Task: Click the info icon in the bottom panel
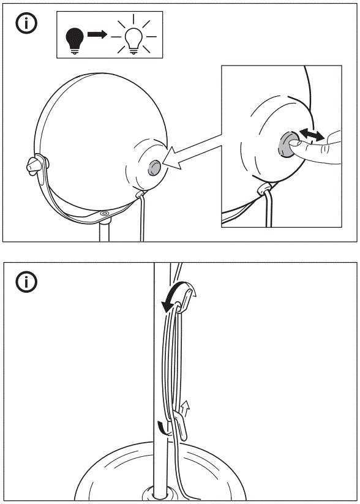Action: pyautogui.click(x=26, y=282)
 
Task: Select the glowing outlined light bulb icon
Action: pyautogui.click(x=133, y=39)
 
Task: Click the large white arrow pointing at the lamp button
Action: pyautogui.click(x=187, y=154)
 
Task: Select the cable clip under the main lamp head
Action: pyautogui.click(x=141, y=194)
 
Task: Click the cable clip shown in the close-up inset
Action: pyautogui.click(x=265, y=189)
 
